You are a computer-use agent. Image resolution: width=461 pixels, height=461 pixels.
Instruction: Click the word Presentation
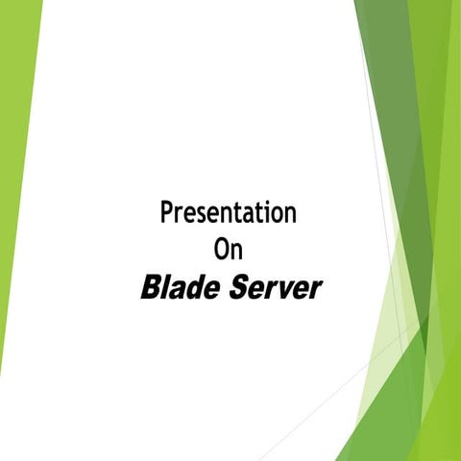pyautogui.click(x=229, y=212)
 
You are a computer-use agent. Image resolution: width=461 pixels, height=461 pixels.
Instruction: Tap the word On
pyautogui.click(x=229, y=250)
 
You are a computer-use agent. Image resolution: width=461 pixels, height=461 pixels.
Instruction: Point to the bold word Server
pyautogui.click(x=275, y=287)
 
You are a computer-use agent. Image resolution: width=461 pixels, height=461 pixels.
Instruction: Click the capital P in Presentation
pyautogui.click(x=166, y=212)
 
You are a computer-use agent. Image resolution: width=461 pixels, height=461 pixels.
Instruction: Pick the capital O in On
pyautogui.click(x=221, y=250)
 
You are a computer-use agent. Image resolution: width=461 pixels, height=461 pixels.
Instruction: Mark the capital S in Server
pyautogui.click(x=239, y=287)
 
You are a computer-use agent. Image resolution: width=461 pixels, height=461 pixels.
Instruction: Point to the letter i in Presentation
pyautogui.click(x=260, y=211)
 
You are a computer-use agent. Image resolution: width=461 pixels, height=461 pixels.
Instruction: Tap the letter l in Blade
pyautogui.click(x=167, y=286)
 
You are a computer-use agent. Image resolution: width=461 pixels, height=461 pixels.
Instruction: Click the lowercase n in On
pyautogui.click(x=237, y=253)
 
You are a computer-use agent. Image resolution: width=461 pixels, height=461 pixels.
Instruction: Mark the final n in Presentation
pyautogui.click(x=289, y=214)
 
